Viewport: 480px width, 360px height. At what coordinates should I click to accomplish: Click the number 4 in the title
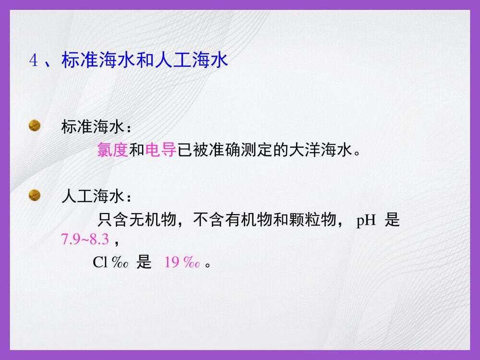pyautogui.click(x=33, y=61)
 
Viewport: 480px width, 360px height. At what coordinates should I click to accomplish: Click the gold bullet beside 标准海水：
pyautogui.click(x=35, y=126)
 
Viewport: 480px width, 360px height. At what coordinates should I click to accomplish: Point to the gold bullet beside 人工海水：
pyautogui.click(x=35, y=195)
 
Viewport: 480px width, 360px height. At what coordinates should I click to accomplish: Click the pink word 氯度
pyautogui.click(x=112, y=150)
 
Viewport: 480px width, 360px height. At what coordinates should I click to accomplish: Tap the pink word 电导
pyautogui.click(x=161, y=150)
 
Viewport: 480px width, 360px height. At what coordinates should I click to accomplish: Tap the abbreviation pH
pyautogui.click(x=366, y=221)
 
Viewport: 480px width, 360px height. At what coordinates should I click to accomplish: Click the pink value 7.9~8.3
pyautogui.click(x=82, y=239)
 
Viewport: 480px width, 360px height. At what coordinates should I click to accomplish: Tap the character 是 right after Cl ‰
pyautogui.click(x=144, y=263)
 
